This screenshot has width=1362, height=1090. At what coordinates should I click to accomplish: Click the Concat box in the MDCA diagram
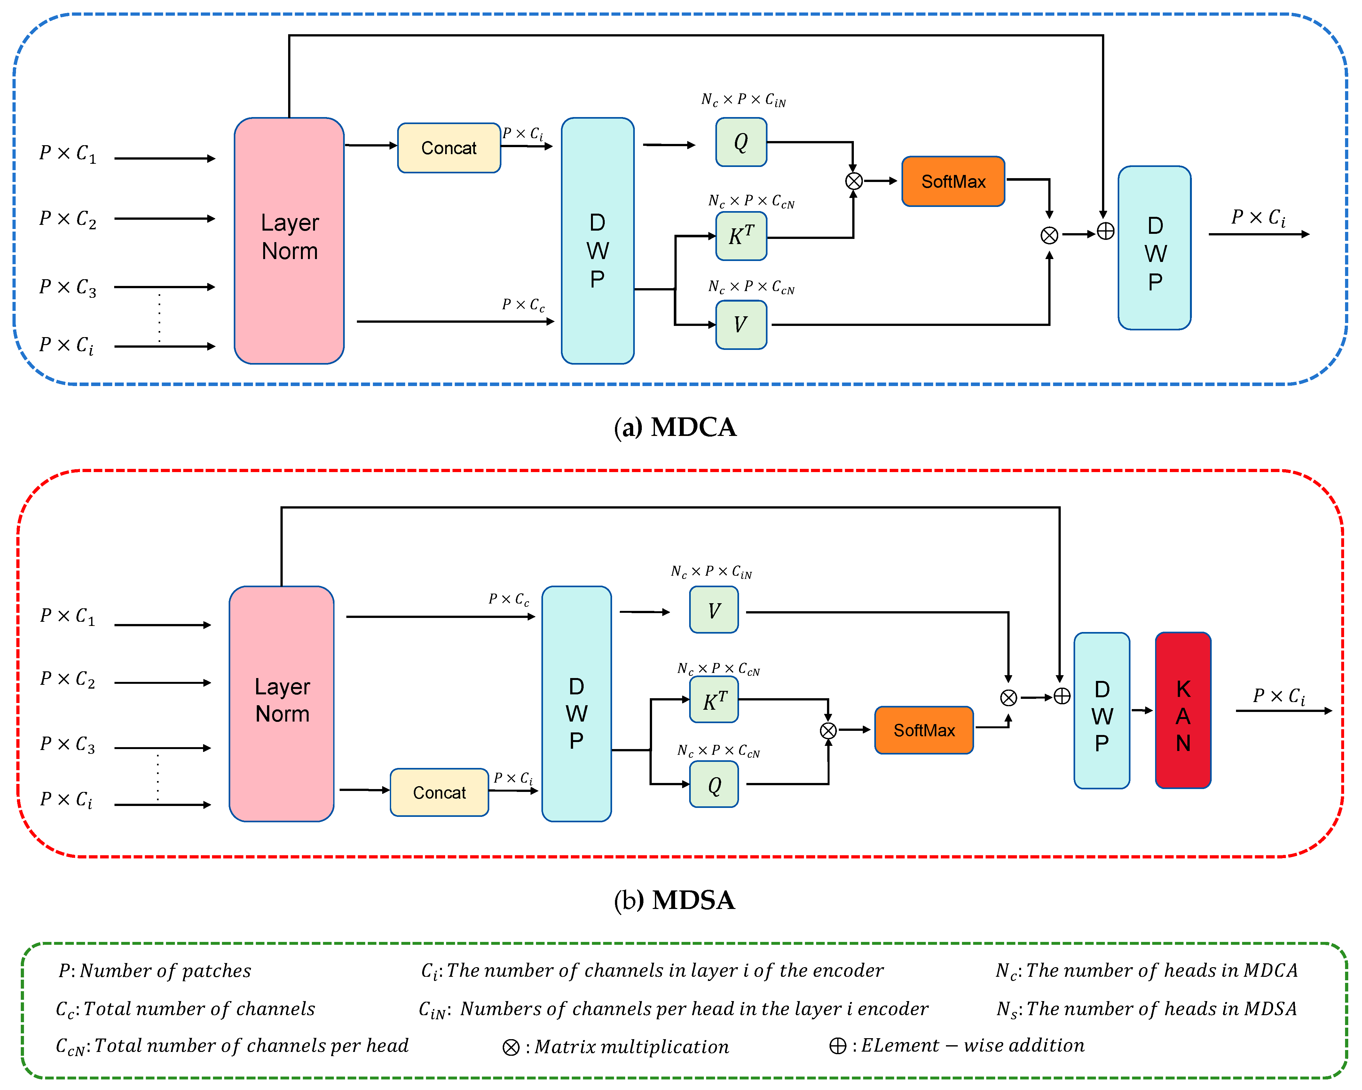tap(449, 148)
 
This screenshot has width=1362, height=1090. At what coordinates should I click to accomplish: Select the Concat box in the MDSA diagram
tap(439, 792)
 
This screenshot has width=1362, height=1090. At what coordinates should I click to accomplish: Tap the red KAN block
tap(1183, 710)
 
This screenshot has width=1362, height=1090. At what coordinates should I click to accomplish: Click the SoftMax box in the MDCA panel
tap(953, 181)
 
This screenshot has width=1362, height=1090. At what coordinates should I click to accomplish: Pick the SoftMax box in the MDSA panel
tap(924, 731)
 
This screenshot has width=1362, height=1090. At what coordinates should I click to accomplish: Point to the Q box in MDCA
tap(741, 142)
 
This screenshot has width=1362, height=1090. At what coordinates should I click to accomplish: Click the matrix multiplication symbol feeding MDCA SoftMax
tap(854, 181)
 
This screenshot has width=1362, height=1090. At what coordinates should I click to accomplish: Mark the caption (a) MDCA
tap(675, 427)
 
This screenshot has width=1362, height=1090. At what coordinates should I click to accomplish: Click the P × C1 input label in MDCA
tap(67, 154)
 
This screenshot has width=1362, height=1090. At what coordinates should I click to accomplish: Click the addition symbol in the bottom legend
tap(838, 1046)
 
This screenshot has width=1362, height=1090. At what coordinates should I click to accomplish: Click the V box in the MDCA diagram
tap(741, 325)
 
